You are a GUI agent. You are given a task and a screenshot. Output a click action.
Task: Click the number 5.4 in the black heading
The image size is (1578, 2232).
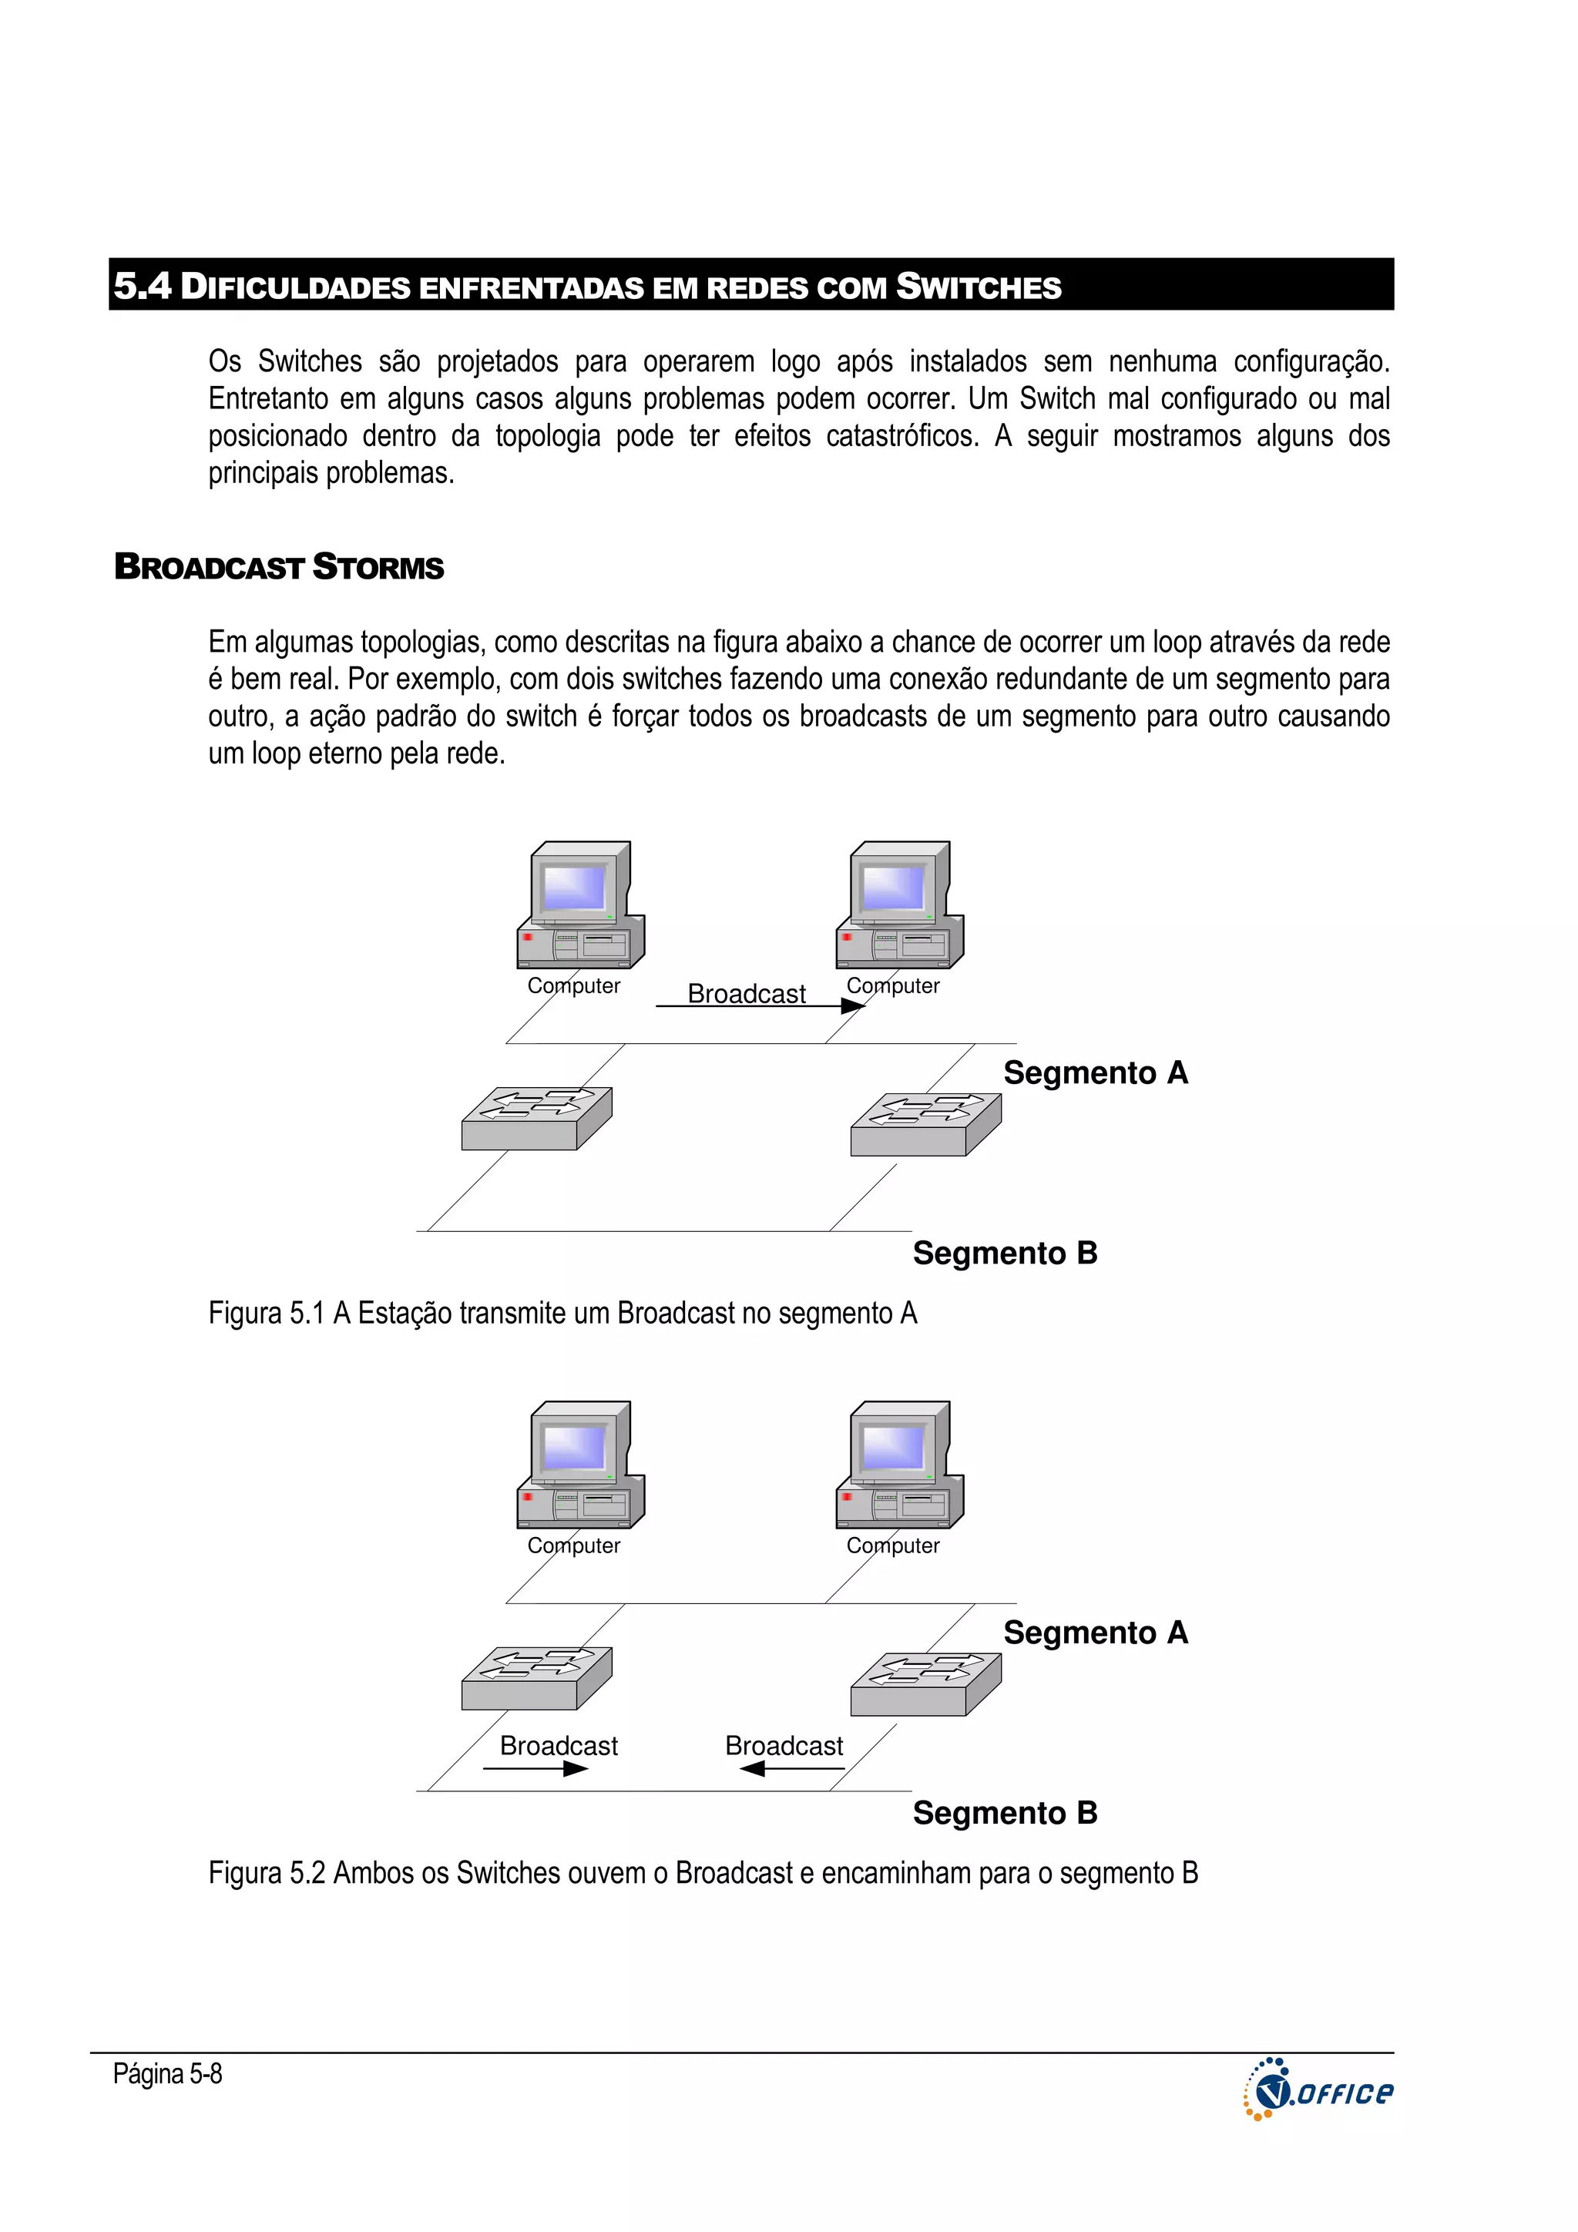(x=142, y=286)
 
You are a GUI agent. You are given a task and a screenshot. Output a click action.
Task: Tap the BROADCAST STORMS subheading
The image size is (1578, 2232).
(x=279, y=567)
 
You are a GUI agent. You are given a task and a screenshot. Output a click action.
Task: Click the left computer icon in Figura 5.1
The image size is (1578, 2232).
(x=580, y=905)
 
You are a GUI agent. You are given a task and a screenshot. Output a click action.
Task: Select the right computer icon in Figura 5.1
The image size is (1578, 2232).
(x=899, y=905)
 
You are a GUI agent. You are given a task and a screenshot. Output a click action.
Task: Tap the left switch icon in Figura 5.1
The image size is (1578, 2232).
(x=537, y=1119)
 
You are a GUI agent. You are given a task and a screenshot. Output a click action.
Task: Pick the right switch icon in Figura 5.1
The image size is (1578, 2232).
(x=925, y=1125)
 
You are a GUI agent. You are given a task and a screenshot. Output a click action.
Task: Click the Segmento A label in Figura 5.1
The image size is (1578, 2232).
(x=1095, y=1073)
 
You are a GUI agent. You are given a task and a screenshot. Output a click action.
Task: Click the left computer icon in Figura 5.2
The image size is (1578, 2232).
(x=580, y=1465)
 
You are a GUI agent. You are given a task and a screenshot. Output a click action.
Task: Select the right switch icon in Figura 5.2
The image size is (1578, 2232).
(x=925, y=1685)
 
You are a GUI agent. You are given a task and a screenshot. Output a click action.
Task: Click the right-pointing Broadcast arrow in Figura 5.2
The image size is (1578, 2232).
(x=536, y=1768)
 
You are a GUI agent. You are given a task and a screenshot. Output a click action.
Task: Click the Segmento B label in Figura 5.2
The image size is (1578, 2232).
(x=1005, y=1814)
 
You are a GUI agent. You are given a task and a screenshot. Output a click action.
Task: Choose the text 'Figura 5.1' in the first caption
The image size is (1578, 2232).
(x=265, y=1314)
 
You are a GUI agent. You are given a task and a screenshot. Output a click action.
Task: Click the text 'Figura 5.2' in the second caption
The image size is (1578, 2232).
(x=265, y=1873)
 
